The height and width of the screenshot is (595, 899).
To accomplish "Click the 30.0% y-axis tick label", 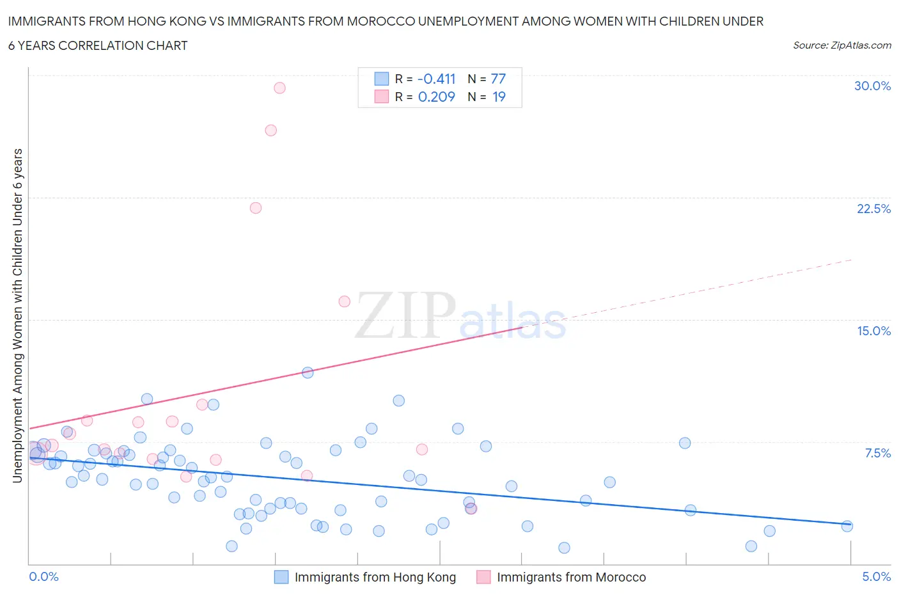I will [872, 86].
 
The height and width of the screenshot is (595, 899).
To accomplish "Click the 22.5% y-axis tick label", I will [873, 209].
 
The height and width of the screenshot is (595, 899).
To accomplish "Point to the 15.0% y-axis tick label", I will [873, 331].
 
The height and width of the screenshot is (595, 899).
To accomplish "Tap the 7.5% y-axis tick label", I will [877, 453].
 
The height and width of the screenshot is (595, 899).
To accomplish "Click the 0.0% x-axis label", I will [43, 576].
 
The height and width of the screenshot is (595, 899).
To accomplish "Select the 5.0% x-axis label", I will [876, 576].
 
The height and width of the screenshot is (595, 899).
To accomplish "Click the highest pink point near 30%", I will [279, 88].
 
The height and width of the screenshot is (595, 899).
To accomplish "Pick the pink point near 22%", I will [256, 208].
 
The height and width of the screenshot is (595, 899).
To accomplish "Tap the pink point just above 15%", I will [345, 301].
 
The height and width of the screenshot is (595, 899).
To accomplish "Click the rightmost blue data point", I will [847, 526].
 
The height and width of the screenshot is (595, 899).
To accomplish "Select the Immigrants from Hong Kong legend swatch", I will [281, 577].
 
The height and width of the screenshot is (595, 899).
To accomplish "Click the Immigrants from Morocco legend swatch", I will [483, 577].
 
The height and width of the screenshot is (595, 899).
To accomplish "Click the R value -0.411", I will [436, 79].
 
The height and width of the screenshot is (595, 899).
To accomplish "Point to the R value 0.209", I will [436, 97].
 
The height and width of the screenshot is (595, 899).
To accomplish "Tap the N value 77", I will [498, 79].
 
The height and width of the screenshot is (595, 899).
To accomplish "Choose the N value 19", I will [499, 97].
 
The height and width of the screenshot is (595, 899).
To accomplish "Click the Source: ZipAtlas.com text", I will [841, 45].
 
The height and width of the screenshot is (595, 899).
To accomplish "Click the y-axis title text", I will [17, 315].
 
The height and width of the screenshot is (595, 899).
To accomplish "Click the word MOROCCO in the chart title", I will [380, 21].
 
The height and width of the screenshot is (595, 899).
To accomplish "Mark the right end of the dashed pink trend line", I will [852, 259].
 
